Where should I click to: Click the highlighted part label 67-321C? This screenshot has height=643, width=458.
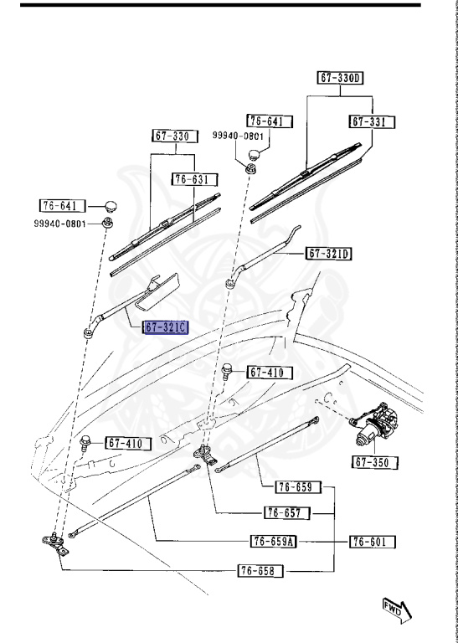[x=165, y=327]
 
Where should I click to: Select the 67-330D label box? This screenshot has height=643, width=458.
[x=340, y=78]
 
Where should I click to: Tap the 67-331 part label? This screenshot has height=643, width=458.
[x=373, y=122]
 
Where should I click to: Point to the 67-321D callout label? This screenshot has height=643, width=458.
[x=328, y=254]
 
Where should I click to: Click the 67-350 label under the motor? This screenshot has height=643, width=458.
[x=375, y=462]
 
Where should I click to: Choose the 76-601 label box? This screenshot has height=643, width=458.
[x=373, y=542]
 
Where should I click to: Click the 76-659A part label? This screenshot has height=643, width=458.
[x=273, y=542]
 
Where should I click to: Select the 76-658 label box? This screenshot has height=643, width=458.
[x=260, y=570]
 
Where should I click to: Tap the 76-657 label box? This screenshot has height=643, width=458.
[x=287, y=513]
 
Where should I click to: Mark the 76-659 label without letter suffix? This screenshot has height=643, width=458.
[x=298, y=487]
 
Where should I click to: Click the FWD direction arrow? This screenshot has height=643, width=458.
[x=397, y=610]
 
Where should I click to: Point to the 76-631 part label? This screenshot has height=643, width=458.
[x=195, y=180]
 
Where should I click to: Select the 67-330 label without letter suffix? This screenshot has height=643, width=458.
[x=175, y=136]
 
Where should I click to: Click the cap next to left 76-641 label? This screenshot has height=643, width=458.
[x=110, y=205]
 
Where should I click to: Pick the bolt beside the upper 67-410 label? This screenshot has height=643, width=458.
[x=227, y=373]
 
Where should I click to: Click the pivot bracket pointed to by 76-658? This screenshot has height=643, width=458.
[x=55, y=543]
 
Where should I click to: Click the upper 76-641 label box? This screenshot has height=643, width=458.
[x=270, y=121]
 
